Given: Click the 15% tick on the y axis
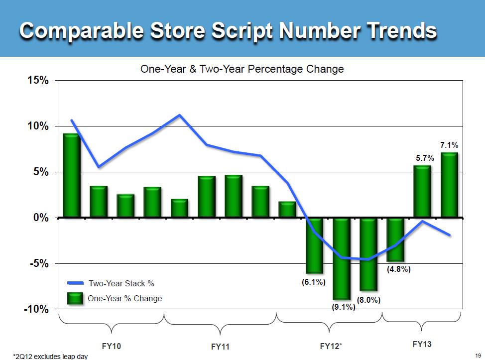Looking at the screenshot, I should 37,81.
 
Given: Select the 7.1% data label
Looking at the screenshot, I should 449,145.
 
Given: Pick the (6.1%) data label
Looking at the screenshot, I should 314,282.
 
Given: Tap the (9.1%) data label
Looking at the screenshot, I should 343,307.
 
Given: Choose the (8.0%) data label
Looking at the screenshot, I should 369,300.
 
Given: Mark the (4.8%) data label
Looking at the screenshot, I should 398,269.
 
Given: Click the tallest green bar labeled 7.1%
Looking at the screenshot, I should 450,185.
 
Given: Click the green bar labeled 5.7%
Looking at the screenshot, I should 423,192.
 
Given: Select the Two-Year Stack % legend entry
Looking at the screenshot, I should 121,283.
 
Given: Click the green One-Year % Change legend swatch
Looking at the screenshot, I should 76,298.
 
